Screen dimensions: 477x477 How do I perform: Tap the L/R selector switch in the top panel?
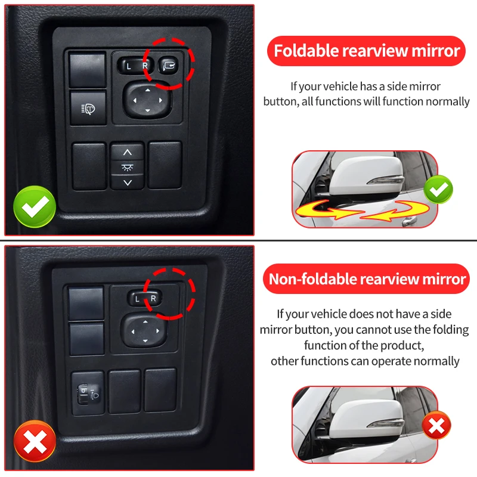137,66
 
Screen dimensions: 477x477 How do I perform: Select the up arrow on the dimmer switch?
127,151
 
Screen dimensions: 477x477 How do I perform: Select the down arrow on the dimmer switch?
127,182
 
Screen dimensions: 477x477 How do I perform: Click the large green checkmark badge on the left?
35,206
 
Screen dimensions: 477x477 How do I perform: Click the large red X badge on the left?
35,441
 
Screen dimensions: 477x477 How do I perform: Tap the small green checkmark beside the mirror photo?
438,190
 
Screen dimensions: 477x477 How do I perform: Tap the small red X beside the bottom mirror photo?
436,425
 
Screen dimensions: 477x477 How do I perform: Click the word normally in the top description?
447,101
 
